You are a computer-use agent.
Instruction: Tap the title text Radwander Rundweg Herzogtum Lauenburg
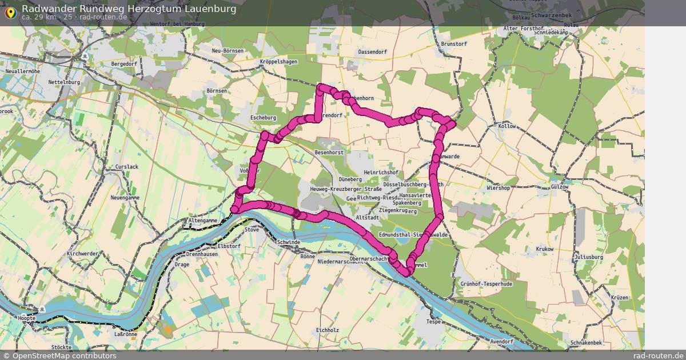coord(129,9)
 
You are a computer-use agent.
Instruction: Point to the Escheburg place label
coord(263,118)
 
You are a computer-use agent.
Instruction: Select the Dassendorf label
coord(373,52)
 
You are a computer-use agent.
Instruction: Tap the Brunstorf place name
coord(454,43)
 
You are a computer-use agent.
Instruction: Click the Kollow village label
coord(507,126)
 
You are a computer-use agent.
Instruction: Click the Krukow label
coord(545,250)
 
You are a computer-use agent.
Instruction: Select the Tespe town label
coord(434,322)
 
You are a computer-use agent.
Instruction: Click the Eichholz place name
coord(328,330)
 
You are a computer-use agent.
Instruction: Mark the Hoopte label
coord(26,318)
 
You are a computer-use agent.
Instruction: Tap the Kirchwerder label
coord(82,253)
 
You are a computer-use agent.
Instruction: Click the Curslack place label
coord(126,167)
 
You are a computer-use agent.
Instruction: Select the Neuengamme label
coord(125,197)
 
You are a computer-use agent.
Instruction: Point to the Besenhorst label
coord(329,153)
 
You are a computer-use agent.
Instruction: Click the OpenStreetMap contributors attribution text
coord(63,355)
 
